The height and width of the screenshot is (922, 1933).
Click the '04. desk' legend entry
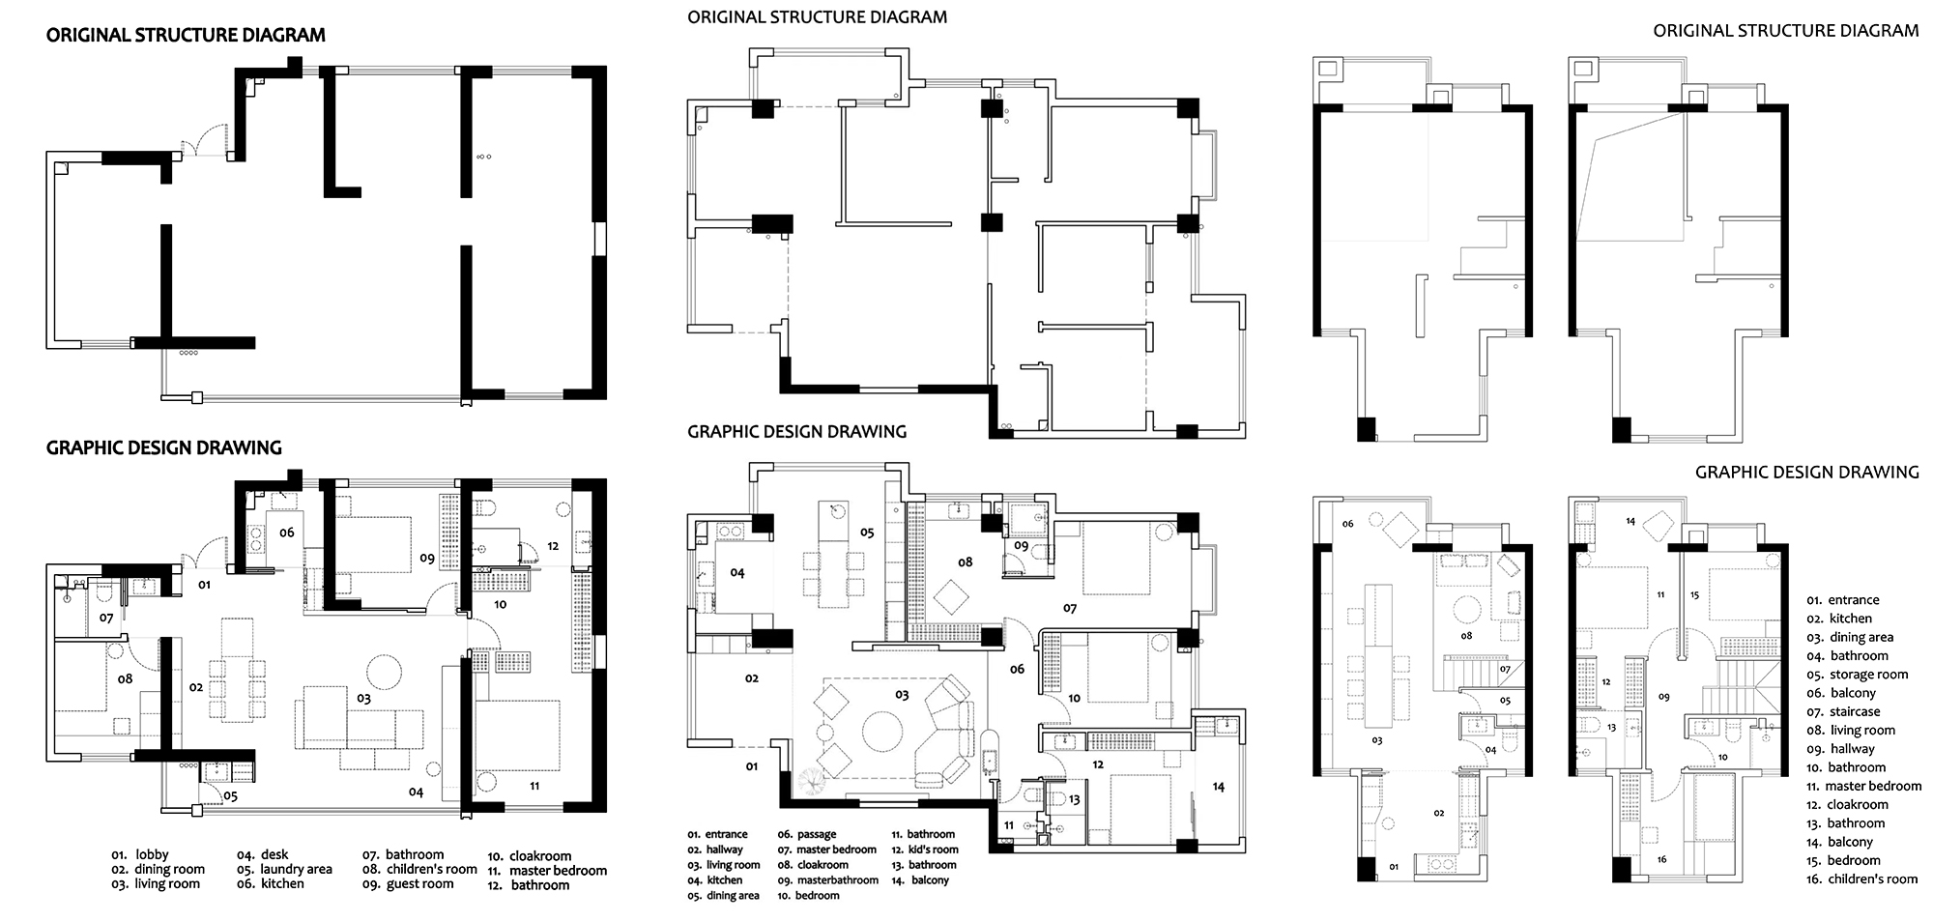[263, 855]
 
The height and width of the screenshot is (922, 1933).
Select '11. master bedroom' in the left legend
[547, 870]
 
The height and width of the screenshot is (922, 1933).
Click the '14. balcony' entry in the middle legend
[920, 880]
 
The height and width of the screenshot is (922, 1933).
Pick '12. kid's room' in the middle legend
[925, 850]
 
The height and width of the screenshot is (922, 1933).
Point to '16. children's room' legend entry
[1861, 879]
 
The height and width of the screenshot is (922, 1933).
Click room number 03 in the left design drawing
[363, 698]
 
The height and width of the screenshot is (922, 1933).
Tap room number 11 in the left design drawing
[534, 787]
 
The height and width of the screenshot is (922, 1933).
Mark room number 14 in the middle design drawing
[1218, 787]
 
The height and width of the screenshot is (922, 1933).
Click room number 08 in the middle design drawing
[965, 562]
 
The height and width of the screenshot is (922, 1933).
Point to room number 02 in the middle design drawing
[752, 678]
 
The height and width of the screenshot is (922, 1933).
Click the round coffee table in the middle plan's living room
[881, 733]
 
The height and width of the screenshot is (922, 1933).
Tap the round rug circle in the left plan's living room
[385, 670]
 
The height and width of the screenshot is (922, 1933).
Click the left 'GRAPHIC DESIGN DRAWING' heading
[163, 447]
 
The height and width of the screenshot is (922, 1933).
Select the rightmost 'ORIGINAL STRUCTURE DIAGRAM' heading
[1786, 31]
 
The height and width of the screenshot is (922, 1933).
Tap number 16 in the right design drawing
[1660, 859]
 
